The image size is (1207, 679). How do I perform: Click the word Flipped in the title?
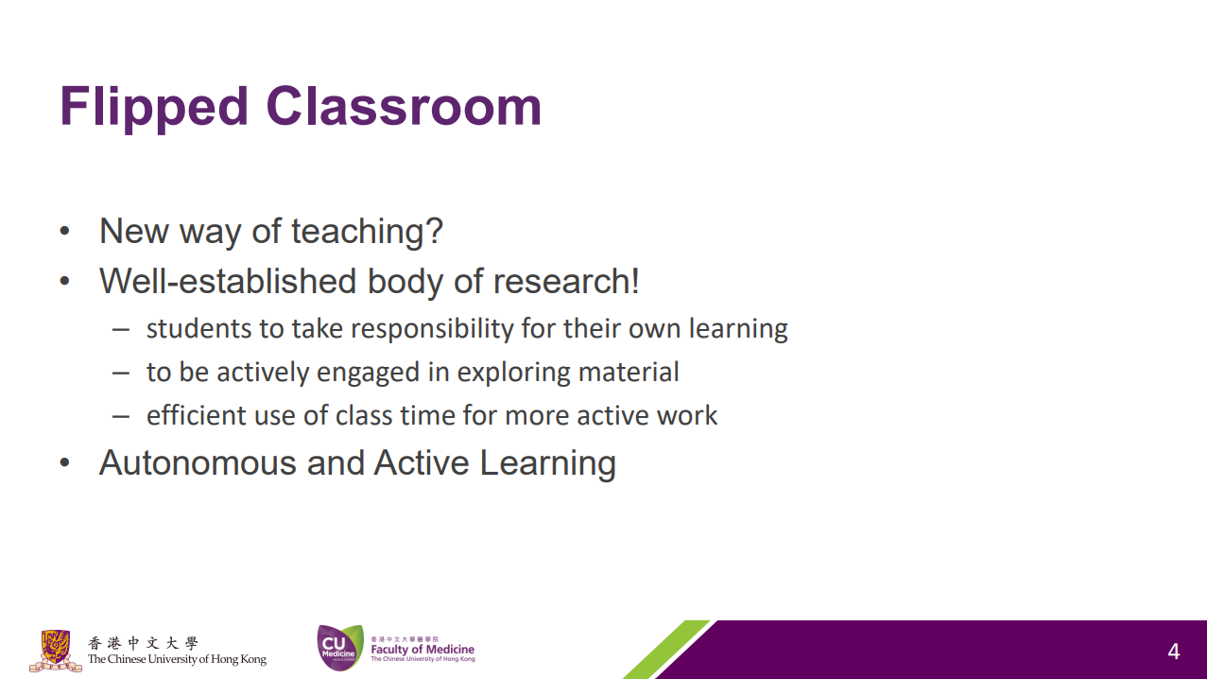(154, 107)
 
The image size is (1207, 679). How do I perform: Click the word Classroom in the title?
(405, 106)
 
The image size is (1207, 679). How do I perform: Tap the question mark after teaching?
(433, 231)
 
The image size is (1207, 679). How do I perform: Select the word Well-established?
(228, 281)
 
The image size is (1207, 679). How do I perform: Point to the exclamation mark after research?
(635, 281)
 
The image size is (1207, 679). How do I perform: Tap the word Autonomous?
(198, 462)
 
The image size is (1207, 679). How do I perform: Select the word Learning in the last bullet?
(547, 463)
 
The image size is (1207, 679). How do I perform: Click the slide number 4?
(1174, 652)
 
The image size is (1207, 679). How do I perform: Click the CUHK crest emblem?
(56, 651)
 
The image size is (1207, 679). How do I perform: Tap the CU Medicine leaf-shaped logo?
(339, 648)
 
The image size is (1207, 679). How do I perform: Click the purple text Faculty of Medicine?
(422, 650)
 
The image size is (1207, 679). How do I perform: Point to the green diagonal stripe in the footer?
(667, 650)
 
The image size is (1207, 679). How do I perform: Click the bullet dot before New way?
(64, 232)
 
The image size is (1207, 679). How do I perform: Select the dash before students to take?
(121, 329)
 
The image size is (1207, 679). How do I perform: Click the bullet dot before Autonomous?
(64, 462)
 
